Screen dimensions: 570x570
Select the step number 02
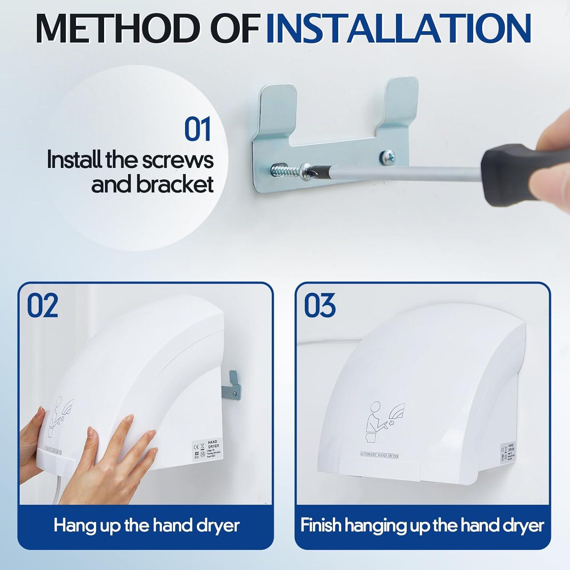click(x=43, y=306)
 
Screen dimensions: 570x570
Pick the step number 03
click(x=320, y=306)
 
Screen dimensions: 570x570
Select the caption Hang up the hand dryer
click(x=146, y=526)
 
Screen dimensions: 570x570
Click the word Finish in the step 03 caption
click(x=321, y=526)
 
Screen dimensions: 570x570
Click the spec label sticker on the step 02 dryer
click(x=206, y=451)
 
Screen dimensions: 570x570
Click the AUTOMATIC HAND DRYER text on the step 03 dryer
click(x=379, y=455)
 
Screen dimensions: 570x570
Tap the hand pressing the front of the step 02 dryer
click(x=122, y=445)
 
